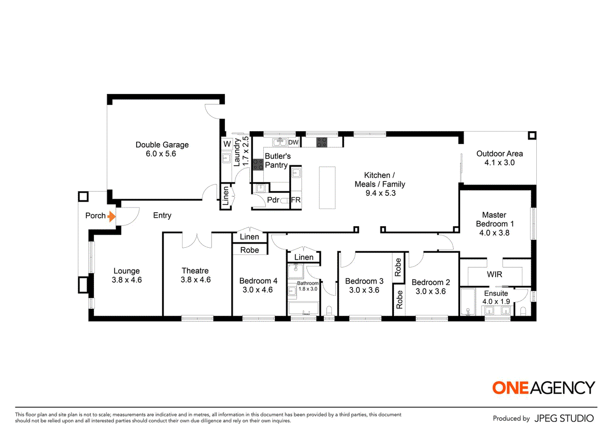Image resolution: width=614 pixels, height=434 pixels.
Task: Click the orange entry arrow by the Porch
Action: [x=112, y=217]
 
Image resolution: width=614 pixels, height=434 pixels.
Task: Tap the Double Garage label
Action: [x=162, y=145]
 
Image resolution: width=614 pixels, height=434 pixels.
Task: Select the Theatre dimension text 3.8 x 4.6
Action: [x=195, y=280]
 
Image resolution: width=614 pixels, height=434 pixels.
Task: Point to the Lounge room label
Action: [x=127, y=271]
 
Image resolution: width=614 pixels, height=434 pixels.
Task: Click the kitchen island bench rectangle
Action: [x=327, y=188]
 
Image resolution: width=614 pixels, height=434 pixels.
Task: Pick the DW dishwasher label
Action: [x=293, y=143]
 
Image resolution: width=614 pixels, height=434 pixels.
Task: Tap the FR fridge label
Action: [x=296, y=200]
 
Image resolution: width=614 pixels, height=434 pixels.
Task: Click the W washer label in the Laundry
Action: [x=227, y=144]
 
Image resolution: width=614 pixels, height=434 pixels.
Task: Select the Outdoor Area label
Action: [x=499, y=154]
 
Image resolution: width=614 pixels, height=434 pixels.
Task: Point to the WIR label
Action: [x=495, y=274]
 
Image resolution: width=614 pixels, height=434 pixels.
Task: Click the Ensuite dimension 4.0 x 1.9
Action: [x=496, y=301]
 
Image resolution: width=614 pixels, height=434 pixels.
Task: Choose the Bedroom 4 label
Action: [x=258, y=281]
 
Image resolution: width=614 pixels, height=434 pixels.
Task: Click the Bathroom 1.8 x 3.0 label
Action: [x=308, y=286]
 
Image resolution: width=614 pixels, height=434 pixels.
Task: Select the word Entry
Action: [x=162, y=216]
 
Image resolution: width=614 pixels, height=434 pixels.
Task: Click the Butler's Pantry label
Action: [x=277, y=161]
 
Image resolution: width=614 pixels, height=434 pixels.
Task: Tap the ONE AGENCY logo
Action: [x=543, y=387]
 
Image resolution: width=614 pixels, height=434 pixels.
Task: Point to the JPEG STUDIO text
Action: [x=564, y=418]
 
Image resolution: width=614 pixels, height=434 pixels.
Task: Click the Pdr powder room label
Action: [x=273, y=200]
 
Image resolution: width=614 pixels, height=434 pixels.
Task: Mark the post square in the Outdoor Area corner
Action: [x=532, y=135]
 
